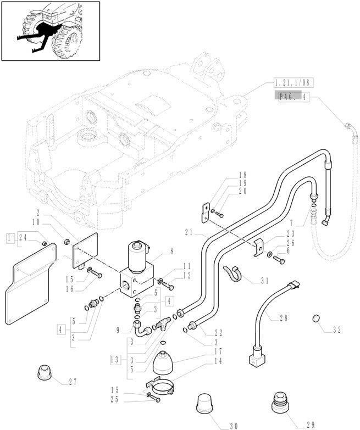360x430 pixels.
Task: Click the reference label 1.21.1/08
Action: (292, 82)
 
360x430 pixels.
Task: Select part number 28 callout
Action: (284, 318)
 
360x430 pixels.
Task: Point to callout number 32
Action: (336, 330)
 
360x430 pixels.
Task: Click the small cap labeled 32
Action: (316, 319)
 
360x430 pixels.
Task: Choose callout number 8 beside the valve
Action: (172, 250)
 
